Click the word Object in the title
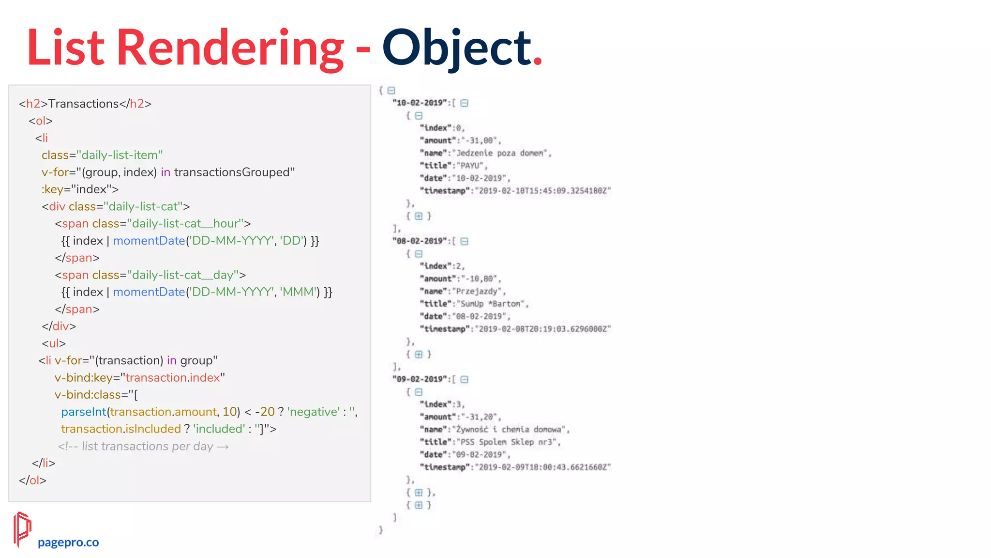[456, 48]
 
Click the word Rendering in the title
[230, 48]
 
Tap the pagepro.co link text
[68, 542]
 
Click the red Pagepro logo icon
[22, 529]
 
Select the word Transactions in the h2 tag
[83, 104]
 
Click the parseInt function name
[83, 412]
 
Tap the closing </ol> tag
[32, 480]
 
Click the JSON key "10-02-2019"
[420, 103]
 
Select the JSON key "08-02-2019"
[420, 241]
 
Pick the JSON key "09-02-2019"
[420, 379]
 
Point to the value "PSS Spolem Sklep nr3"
[507, 442]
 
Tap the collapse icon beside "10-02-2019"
[465, 103]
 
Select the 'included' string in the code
[219, 429]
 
